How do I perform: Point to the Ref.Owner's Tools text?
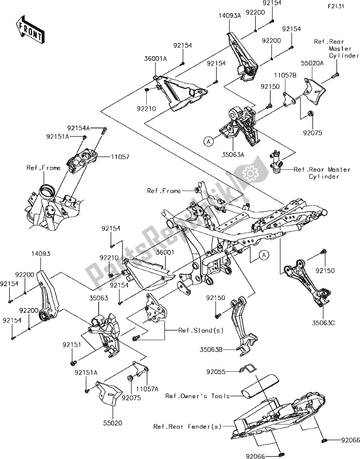coord(196,396)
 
